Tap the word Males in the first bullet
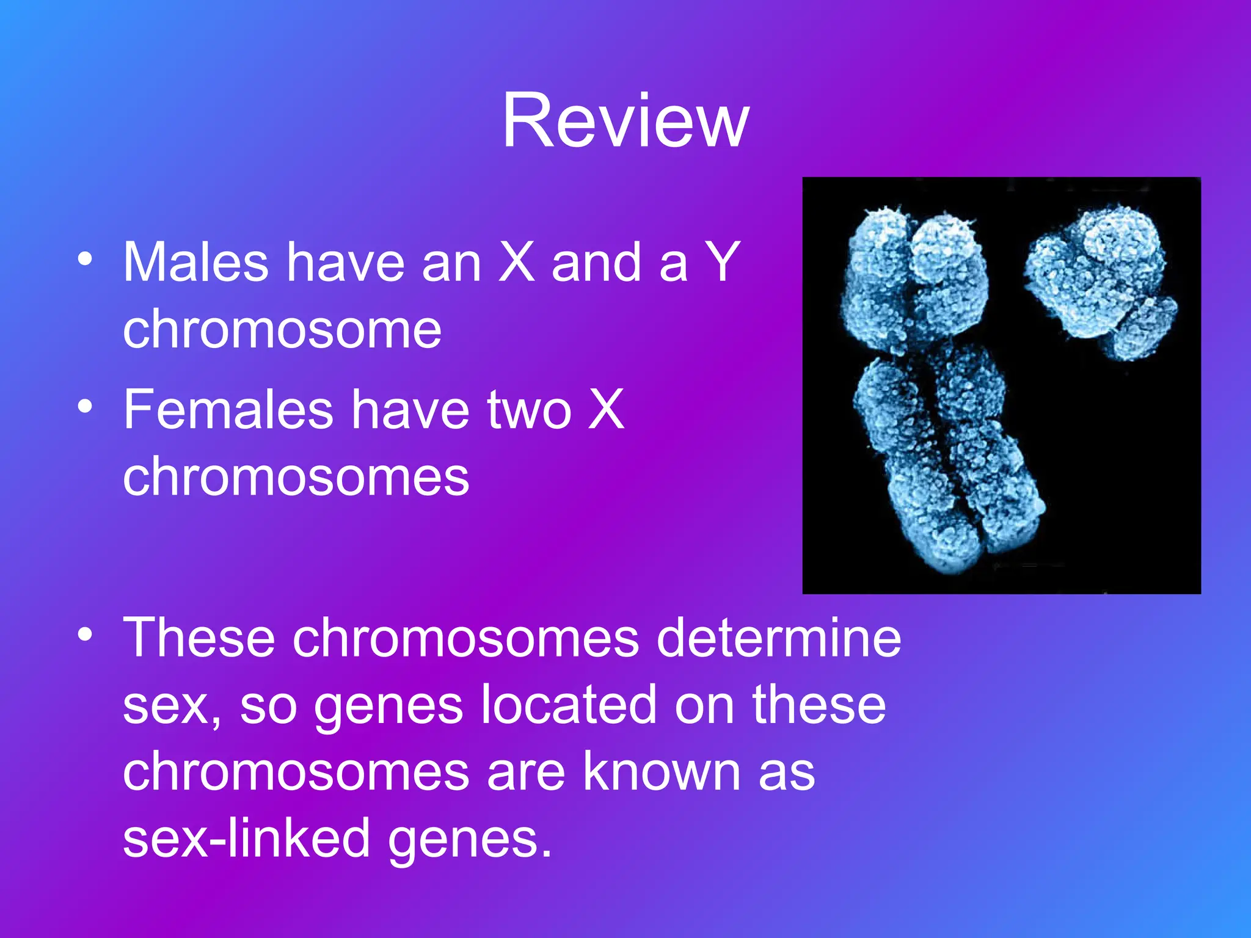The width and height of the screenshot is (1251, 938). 195,263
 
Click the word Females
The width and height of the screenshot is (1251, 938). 228,410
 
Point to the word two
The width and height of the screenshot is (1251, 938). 529,410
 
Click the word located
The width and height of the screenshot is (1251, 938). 568,705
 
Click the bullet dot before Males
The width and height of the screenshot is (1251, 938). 85,259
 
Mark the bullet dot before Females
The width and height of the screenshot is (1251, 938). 85,406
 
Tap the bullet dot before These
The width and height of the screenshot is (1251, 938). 85,634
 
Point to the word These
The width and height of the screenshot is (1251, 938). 199,638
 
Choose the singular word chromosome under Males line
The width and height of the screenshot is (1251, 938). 282,330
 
